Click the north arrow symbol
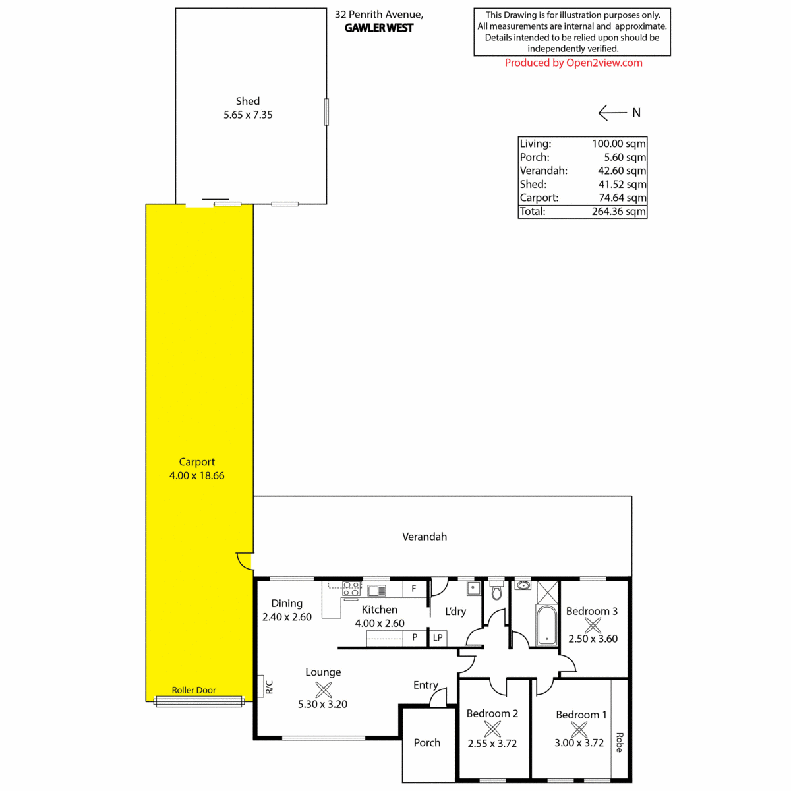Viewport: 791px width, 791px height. [612, 113]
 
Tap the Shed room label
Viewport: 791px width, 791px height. [248, 101]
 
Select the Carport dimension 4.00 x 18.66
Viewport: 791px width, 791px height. [196, 475]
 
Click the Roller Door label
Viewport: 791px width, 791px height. [194, 690]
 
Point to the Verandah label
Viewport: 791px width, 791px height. [425, 537]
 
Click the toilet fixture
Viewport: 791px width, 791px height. [497, 589]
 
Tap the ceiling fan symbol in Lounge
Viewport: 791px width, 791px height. [324, 689]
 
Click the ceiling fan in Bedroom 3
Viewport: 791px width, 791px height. [593, 625]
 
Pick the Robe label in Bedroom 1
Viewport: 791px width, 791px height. [620, 742]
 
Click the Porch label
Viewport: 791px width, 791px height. [427, 743]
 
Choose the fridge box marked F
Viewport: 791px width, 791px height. [415, 589]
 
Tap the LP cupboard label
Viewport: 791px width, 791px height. [438, 637]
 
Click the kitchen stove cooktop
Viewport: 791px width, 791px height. [352, 588]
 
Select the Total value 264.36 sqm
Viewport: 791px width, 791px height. [618, 212]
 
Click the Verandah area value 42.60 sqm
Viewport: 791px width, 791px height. [622, 171]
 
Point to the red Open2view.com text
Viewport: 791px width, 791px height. [604, 63]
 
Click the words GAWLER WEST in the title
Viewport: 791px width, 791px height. [379, 28]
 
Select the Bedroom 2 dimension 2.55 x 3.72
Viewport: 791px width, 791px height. [492, 744]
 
